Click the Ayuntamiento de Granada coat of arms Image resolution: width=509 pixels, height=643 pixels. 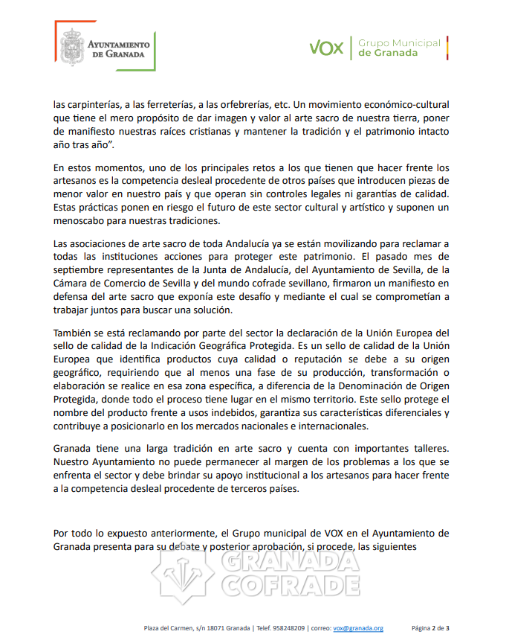[71, 48]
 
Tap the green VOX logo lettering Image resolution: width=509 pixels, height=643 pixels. [326, 48]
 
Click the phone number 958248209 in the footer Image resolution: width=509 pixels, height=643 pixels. [285, 628]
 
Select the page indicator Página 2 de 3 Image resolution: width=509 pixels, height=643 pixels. [431, 628]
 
